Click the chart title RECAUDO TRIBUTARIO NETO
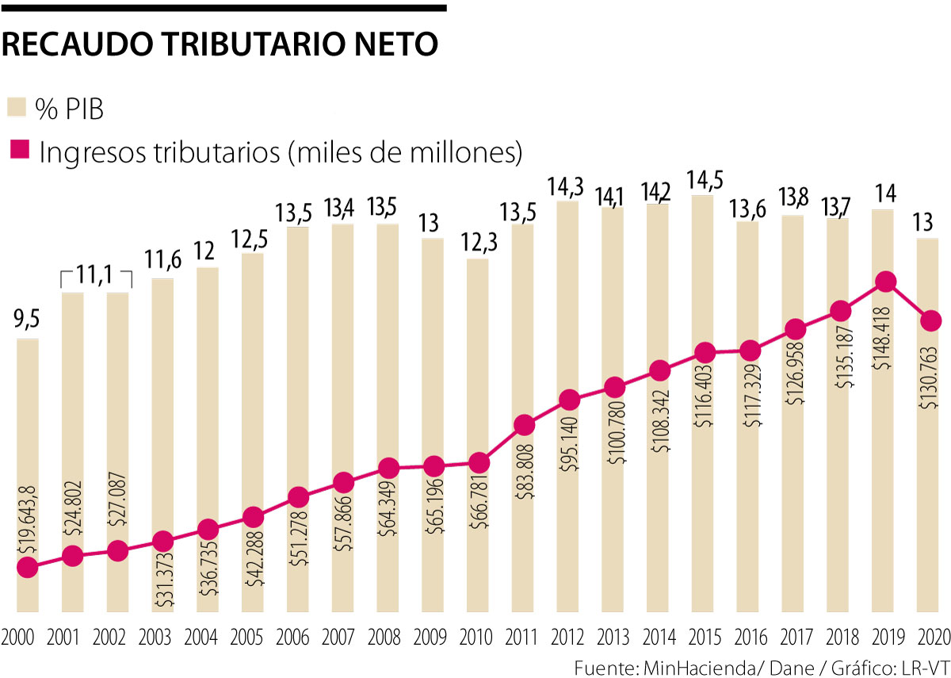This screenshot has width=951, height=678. point(220,45)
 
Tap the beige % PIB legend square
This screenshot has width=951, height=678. point(17,109)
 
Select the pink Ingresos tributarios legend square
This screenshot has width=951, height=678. point(17,151)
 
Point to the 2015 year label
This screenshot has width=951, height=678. point(703,638)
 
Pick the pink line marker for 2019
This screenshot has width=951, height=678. point(886,282)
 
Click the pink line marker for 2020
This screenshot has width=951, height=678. point(931,320)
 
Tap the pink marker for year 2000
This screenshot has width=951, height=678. point(26,567)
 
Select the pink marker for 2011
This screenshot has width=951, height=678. point(523,425)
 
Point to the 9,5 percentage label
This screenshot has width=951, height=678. point(26,321)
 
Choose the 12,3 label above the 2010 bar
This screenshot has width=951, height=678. point(477,240)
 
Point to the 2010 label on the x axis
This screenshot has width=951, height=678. point(476,638)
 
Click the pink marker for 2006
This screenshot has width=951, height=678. point(298,497)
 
